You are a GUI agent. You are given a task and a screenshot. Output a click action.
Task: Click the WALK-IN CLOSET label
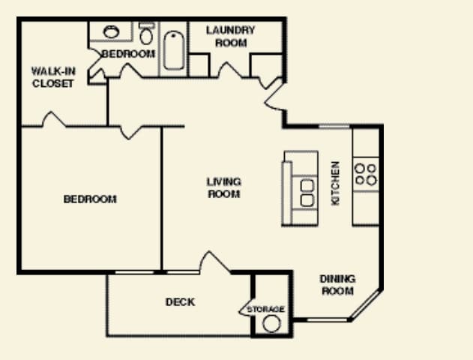tap(52, 77)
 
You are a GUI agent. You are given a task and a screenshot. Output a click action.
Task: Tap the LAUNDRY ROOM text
tap(231, 37)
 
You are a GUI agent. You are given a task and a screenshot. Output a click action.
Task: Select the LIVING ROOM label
tap(223, 187)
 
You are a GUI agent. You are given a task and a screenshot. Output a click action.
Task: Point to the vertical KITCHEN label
tap(336, 183)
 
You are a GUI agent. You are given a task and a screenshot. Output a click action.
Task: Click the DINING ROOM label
tap(337, 285)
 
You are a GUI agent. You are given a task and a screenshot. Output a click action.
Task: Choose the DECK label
tap(180, 302)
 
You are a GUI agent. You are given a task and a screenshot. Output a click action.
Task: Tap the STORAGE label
tap(266, 309)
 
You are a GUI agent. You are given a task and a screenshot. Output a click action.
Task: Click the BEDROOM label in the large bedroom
tap(90, 199)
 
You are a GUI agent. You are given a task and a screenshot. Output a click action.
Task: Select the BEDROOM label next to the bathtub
tap(128, 54)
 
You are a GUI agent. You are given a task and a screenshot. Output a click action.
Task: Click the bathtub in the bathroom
tap(174, 49)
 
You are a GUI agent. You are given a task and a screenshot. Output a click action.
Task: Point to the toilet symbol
tap(147, 34)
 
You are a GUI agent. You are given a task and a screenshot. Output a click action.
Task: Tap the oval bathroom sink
tap(112, 32)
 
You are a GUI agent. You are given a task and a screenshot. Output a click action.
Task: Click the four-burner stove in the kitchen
tap(366, 174)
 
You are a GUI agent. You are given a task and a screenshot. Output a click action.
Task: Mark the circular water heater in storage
tap(271, 323)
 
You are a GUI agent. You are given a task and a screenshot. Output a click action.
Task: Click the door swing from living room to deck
tap(215, 263)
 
